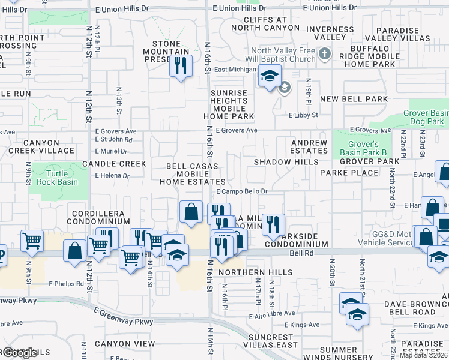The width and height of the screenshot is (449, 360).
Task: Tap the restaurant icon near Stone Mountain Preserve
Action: pyautogui.click(x=180, y=65)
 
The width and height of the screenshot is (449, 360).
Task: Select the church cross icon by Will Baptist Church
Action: pyautogui.click(x=325, y=55)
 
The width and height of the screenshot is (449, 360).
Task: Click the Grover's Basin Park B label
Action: pyautogui.click(x=364, y=148)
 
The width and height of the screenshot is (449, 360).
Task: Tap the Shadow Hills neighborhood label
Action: pyautogui.click(x=286, y=162)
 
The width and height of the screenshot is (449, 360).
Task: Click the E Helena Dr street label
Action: pyautogui.click(x=112, y=176)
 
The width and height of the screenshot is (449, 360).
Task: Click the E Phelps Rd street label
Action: pyautogui.click(x=67, y=284)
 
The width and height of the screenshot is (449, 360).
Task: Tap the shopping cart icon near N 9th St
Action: pyautogui.click(x=32, y=241)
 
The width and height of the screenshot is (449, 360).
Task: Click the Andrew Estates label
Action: pyautogui.click(x=309, y=147)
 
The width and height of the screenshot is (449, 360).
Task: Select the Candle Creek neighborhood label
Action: pyautogui.click(x=114, y=164)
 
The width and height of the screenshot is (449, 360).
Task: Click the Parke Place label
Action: pyautogui.click(x=349, y=173)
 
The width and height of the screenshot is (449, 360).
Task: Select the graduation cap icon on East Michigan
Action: pyautogui.click(x=270, y=76)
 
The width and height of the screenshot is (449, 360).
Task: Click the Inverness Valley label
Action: pyautogui.click(x=330, y=33)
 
